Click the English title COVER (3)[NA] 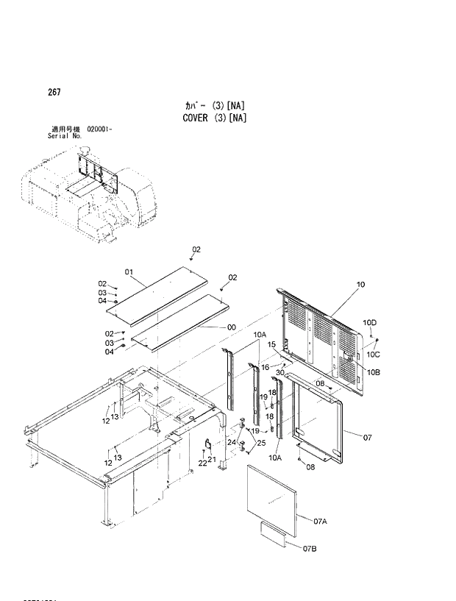tap(213, 118)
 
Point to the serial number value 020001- tap(99, 129)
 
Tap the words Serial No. tap(63, 136)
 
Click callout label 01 tap(129, 274)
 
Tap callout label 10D tap(369, 323)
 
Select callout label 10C tap(372, 354)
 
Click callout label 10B tap(374, 372)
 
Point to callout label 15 tap(271, 344)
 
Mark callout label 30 tap(279, 373)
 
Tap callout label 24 tap(231, 442)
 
